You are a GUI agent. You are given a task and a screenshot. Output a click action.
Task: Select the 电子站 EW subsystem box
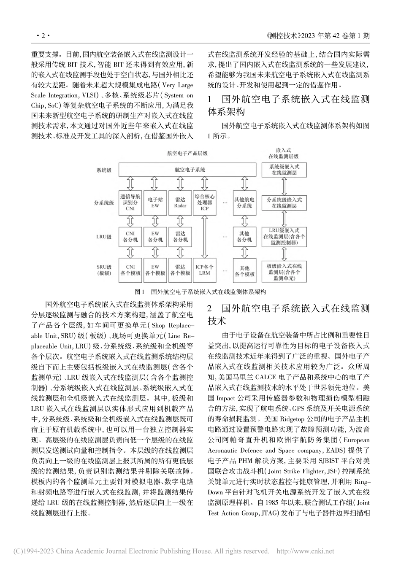coord(155,202)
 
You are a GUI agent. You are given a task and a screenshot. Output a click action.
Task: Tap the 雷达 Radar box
coord(180,202)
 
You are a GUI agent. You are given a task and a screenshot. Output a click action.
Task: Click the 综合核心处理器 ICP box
coord(204,202)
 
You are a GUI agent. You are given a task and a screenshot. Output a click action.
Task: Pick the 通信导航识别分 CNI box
coord(130,202)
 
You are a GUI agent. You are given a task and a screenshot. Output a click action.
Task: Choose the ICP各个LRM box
coord(204,270)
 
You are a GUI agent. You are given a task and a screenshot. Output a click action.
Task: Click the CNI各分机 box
coord(130,237)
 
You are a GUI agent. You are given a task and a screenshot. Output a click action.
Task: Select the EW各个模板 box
coord(155,270)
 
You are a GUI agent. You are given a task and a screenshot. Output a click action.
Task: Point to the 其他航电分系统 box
coord(244,202)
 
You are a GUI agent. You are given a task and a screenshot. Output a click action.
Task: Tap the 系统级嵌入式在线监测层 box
coord(284,170)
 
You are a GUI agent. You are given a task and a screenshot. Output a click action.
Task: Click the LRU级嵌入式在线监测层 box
coord(284,237)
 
